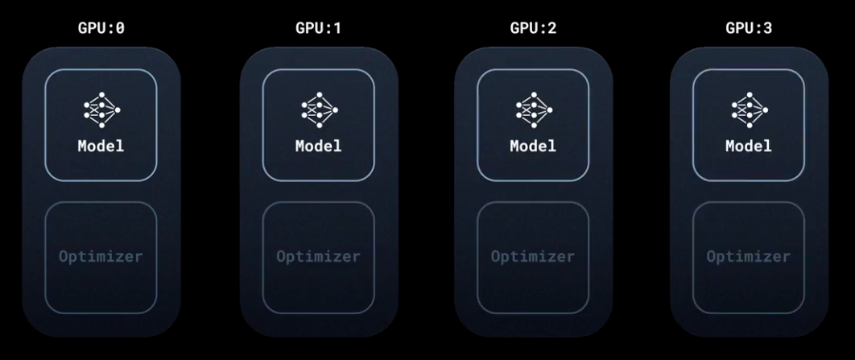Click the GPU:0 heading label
tap(101, 28)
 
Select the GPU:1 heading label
tap(318, 28)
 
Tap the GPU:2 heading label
tap(533, 28)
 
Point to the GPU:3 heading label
tap(749, 28)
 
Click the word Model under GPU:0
tap(101, 147)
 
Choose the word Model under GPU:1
tap(319, 147)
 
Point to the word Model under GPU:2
tap(533, 147)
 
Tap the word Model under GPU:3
tap(749, 147)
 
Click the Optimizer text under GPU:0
tap(101, 257)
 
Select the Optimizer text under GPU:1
tap(319, 257)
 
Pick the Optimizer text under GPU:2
tap(533, 257)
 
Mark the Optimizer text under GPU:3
tap(749, 257)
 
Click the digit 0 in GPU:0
tap(119, 28)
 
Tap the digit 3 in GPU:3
tap(767, 28)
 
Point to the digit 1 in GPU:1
tap(337, 28)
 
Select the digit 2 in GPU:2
tap(551, 28)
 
